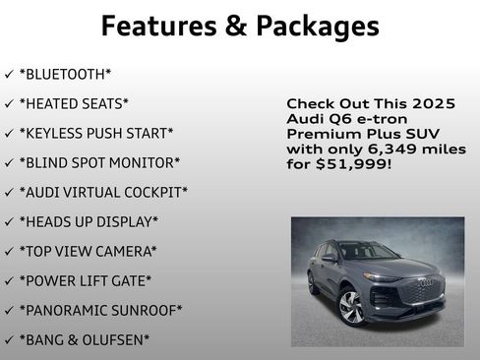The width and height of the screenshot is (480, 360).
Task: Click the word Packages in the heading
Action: click(315, 27)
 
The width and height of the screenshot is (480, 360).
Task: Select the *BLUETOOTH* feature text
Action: click(66, 75)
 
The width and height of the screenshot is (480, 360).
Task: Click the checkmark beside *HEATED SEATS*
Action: click(9, 104)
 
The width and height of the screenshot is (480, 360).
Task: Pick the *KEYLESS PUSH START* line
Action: click(96, 134)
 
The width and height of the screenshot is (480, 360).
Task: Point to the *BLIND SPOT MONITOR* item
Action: click(99, 163)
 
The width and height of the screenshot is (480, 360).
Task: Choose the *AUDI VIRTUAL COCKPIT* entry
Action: click(103, 193)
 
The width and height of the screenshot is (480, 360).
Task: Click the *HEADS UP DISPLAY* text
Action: click(89, 222)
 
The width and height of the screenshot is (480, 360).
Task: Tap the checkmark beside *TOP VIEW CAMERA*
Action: click(9, 252)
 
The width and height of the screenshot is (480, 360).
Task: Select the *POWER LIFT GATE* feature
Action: click(86, 281)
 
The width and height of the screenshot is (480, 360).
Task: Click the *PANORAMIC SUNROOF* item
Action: click(100, 311)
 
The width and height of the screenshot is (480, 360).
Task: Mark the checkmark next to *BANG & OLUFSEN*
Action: click(9, 340)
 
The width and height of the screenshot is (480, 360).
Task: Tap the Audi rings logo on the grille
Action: click(425, 283)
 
